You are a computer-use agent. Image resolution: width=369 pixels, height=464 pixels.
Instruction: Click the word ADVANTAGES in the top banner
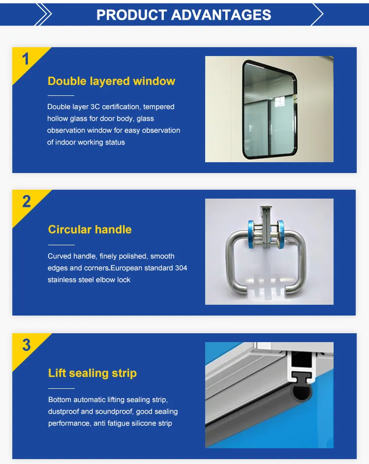221,15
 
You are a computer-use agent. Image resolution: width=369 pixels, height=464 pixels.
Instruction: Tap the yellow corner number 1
26,59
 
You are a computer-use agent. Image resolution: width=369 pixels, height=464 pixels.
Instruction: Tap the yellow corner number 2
27,202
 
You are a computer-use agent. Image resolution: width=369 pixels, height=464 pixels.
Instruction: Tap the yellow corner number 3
27,345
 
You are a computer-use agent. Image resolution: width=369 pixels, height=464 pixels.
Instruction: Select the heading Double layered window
111,81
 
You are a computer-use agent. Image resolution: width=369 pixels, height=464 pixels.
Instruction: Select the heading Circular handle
90,230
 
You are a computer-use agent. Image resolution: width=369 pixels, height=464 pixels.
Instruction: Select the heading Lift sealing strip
92,373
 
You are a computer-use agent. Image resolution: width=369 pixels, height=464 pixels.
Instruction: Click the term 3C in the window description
95,107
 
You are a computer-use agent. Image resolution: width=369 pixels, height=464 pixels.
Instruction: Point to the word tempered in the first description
159,107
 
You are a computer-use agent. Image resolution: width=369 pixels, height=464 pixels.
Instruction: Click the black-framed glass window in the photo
270,110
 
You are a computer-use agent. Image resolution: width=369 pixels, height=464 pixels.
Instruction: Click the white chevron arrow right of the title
317,14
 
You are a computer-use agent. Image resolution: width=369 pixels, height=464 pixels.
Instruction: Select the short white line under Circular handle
61,245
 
